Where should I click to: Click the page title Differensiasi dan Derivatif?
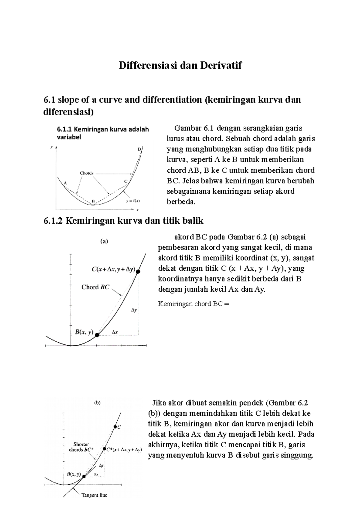[x=180, y=65]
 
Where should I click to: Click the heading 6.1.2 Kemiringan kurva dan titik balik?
[x=123, y=221]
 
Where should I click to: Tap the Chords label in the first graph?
[x=87, y=173]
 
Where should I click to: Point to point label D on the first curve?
[x=139, y=149]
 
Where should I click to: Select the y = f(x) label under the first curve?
[x=133, y=201]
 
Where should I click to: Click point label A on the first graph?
[x=65, y=183]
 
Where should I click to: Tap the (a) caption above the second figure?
[x=104, y=241]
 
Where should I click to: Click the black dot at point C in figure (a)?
[x=138, y=272]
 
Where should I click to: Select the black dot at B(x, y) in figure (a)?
[x=97, y=335]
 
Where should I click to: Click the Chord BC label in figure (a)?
[x=95, y=287]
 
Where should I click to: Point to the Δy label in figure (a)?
[x=134, y=310]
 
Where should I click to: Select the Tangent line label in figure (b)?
[x=94, y=495]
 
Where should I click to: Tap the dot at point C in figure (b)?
[x=115, y=427]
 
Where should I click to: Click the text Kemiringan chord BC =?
[x=193, y=304]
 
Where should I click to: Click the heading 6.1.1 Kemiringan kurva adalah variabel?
[x=103, y=133]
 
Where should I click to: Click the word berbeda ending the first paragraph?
[x=181, y=202]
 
